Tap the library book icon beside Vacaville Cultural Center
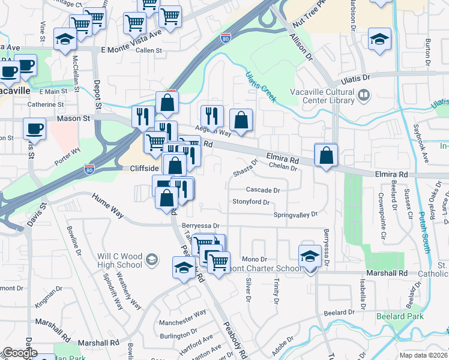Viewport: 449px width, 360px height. point(364,95)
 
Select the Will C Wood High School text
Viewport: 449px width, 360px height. point(120,260)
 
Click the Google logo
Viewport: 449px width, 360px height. point(20,353)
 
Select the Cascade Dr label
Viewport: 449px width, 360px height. point(263,190)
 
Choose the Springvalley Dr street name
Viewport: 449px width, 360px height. point(295,214)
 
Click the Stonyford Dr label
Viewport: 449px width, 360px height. point(250,202)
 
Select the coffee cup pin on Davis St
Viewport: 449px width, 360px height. point(34,128)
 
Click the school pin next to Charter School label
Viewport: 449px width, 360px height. point(310,256)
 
